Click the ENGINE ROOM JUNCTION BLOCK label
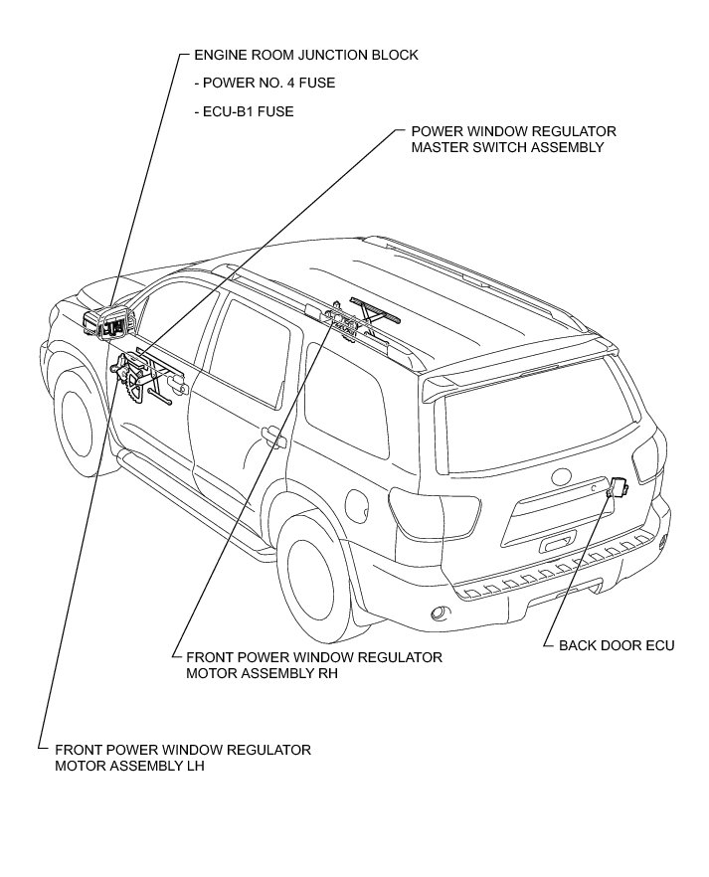[x=306, y=56]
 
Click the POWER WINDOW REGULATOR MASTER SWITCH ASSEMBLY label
[x=513, y=139]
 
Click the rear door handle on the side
[x=270, y=434]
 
